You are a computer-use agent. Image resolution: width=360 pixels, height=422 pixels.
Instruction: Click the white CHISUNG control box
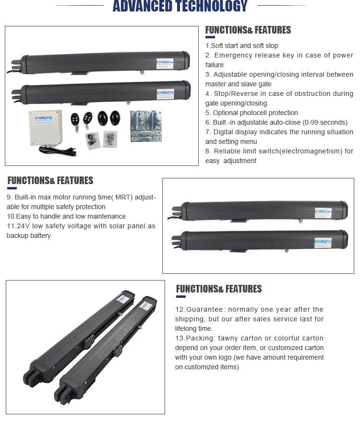pos(45,128)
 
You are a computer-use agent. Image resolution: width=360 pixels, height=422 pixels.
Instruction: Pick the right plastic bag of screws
pos(110,139)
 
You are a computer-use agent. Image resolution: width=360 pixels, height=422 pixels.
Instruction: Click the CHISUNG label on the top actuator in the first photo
pos(166,64)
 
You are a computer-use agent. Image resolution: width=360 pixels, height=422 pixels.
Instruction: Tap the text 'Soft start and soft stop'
pos(245,46)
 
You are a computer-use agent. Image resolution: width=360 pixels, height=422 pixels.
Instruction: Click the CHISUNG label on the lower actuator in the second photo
pos(323,242)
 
